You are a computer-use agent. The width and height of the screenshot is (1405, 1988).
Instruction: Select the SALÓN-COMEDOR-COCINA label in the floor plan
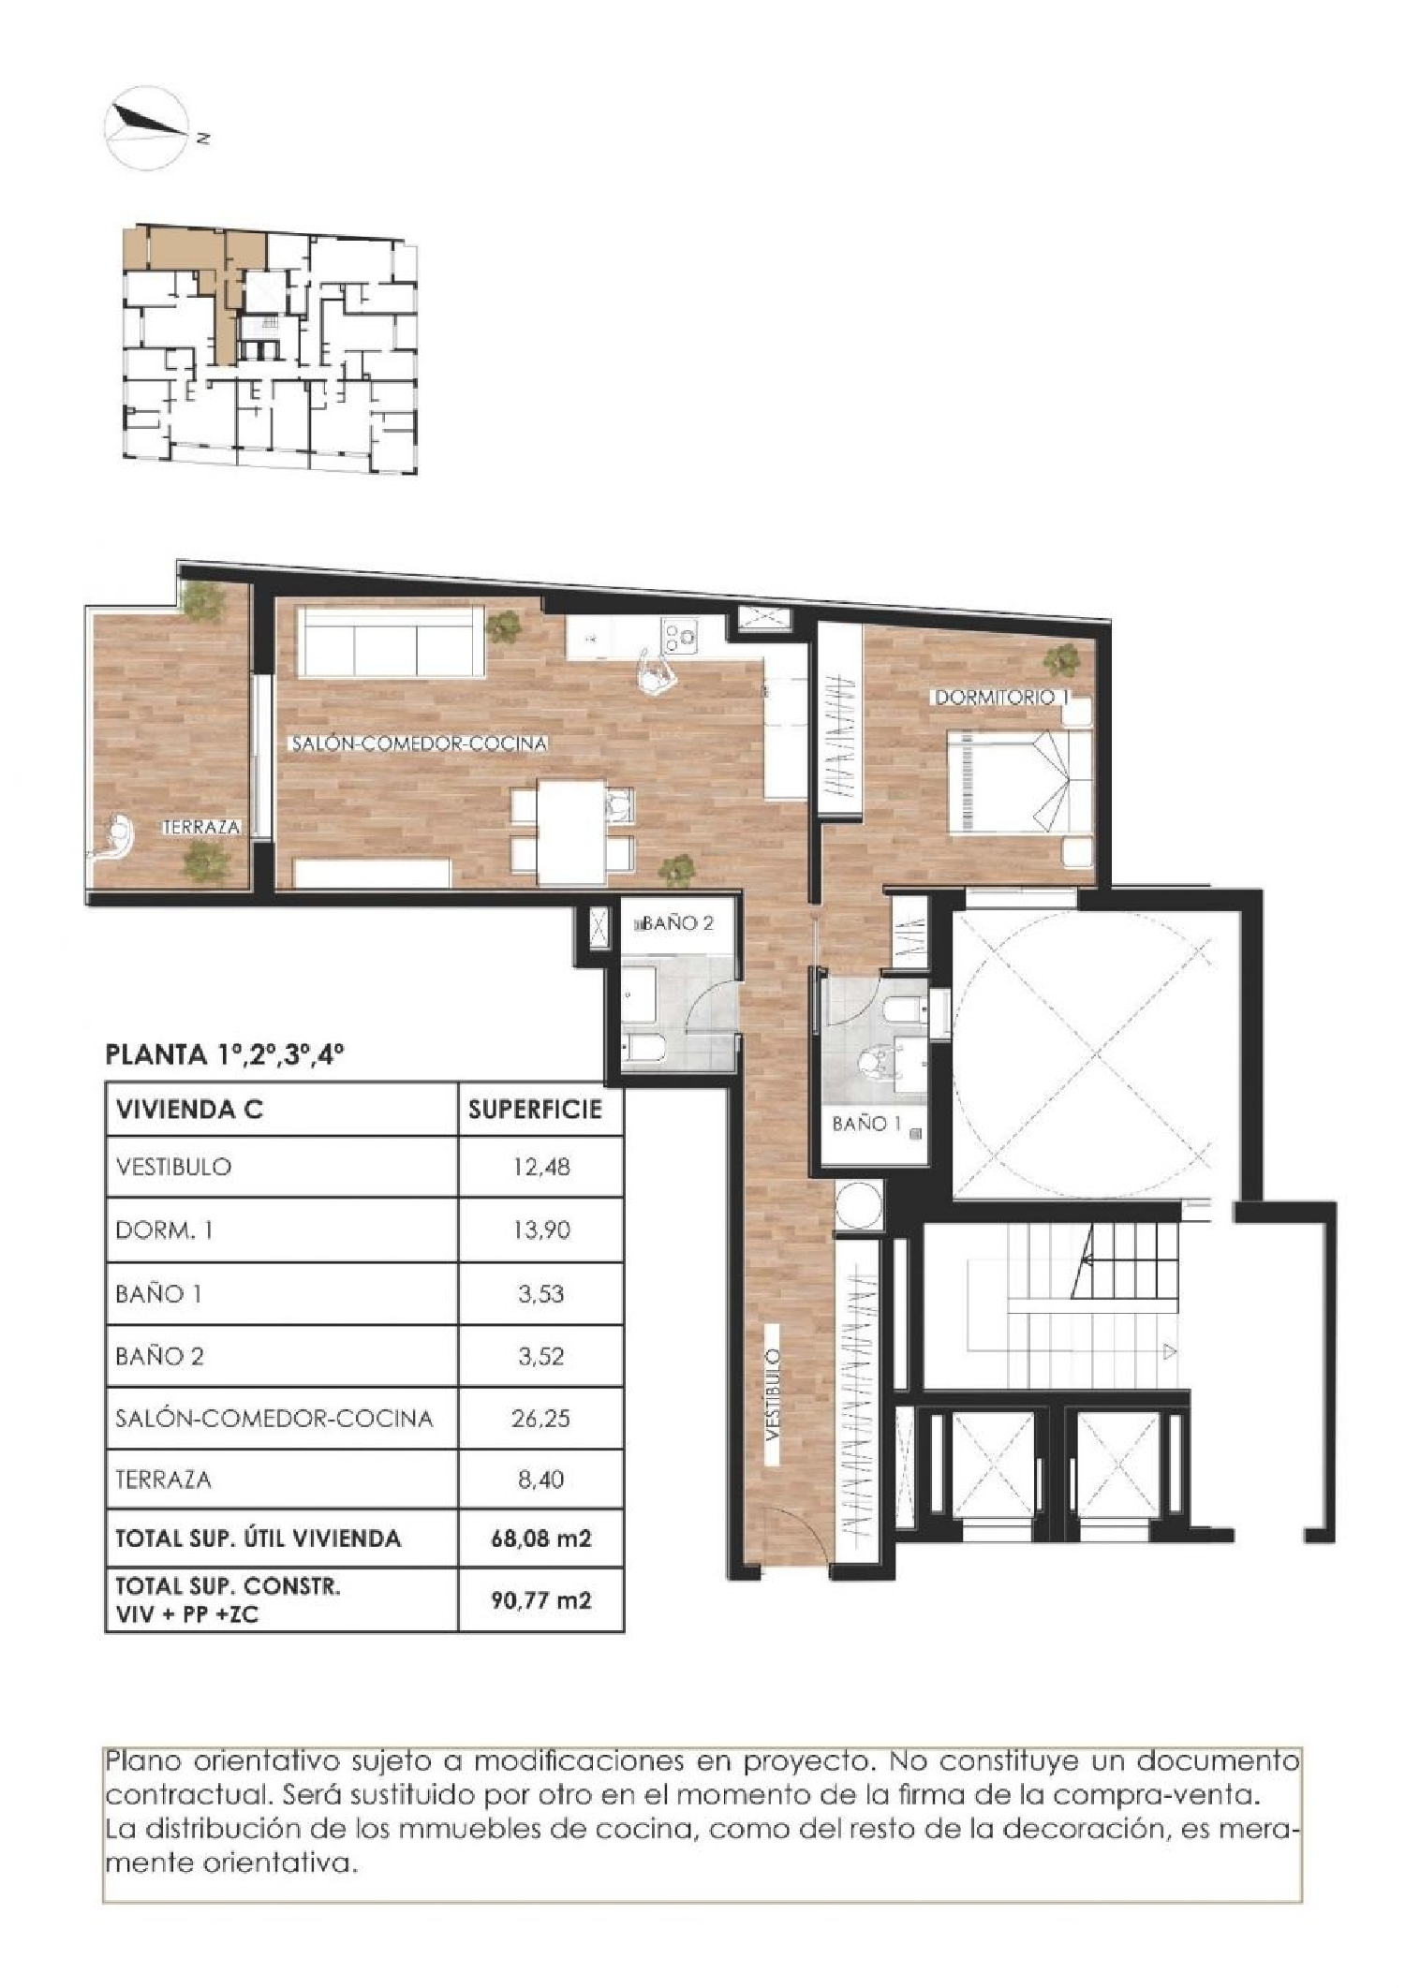point(419,744)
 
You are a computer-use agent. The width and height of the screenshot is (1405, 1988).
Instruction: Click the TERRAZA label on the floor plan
point(201,828)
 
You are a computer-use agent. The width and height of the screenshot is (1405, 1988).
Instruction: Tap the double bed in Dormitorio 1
point(1018,781)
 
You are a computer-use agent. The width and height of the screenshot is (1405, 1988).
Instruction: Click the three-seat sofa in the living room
point(391,641)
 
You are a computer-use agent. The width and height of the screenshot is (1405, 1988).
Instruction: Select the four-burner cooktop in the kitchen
point(681,637)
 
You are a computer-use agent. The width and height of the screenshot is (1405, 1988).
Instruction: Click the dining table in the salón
point(571,831)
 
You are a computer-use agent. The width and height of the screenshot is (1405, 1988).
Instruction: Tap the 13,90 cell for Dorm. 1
point(540,1230)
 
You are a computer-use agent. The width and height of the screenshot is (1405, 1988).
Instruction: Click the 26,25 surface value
point(540,1418)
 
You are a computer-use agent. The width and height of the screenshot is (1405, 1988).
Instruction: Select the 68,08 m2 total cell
point(540,1538)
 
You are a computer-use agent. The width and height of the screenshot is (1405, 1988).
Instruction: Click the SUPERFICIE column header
point(535,1111)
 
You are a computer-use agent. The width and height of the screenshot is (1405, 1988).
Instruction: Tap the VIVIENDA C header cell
point(189,1111)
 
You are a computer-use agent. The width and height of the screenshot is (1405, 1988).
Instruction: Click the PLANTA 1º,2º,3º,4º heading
point(225,1055)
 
